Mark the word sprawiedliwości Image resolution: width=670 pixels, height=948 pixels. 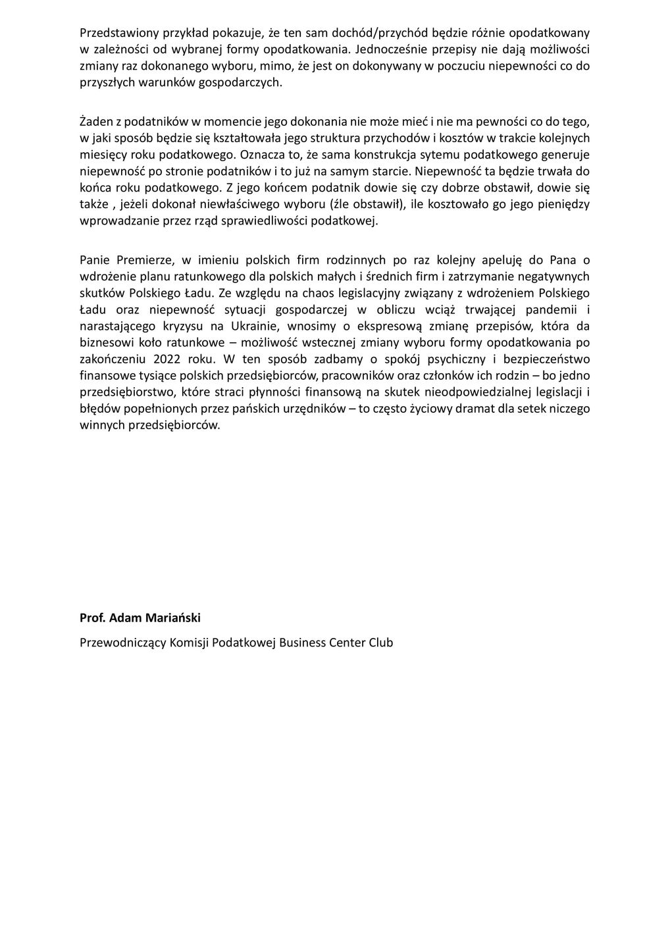point(254,221)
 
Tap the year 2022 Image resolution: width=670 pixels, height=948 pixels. point(168,359)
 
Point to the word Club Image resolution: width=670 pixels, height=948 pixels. point(380,642)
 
